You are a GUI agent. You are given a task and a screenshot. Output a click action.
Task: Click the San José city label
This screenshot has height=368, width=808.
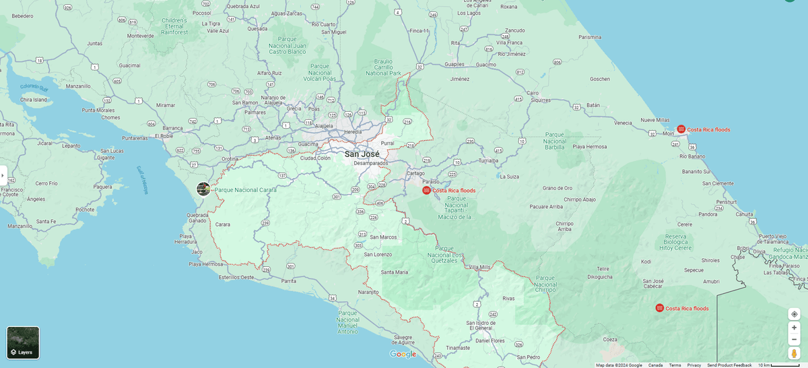362,154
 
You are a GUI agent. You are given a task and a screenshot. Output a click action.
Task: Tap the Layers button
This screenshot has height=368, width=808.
23,342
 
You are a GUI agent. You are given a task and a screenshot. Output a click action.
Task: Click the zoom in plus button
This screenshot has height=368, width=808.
794,328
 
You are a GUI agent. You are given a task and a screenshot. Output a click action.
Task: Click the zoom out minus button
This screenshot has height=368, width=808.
794,339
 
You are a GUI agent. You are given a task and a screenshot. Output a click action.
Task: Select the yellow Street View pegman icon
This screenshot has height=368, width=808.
794,353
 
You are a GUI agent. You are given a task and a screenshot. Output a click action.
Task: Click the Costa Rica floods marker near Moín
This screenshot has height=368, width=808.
681,129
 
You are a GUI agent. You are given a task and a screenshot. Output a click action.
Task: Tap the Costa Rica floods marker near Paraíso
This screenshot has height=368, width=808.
426,191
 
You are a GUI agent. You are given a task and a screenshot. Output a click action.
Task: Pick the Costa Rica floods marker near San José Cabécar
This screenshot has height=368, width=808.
659,308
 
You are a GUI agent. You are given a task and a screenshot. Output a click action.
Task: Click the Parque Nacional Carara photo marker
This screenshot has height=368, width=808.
203,189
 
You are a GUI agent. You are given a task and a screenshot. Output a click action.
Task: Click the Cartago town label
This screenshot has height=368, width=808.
415,173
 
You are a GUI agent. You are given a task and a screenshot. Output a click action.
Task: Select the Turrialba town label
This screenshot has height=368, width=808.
488,161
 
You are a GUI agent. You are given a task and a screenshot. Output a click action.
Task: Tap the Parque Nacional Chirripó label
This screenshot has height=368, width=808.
545,283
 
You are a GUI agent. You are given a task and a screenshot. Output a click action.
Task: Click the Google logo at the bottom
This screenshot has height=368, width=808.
403,355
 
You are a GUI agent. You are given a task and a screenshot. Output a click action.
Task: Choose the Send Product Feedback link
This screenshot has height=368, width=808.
729,365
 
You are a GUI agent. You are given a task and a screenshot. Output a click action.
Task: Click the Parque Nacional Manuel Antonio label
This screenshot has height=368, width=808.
348,322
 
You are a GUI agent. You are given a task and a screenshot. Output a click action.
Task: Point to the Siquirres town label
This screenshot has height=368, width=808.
540,100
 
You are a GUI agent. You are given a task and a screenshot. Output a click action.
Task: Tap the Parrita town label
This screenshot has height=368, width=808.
289,280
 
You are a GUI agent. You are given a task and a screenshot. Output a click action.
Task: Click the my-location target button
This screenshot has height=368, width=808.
794,314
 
